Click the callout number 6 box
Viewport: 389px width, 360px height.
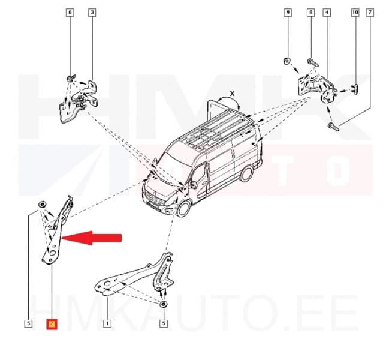pos(70,13)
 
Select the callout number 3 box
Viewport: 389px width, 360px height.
pos(91,13)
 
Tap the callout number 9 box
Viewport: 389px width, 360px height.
pos(287,13)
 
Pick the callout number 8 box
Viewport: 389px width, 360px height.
pos(310,13)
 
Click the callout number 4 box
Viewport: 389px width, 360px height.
pos(326,13)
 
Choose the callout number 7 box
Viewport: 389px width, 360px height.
pos(370,13)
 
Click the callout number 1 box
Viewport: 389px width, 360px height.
pos(107,325)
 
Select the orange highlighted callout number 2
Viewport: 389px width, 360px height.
pos(52,325)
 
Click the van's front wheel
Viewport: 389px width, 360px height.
pos(185,208)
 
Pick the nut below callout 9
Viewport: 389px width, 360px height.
pos(287,60)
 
